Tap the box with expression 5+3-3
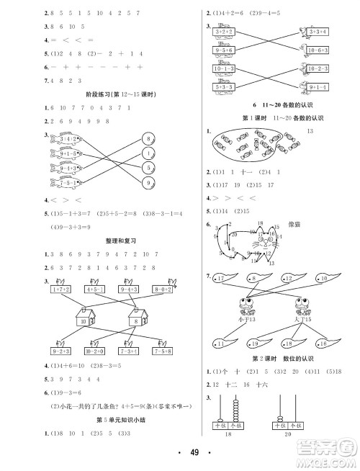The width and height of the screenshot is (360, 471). click(x=227, y=87)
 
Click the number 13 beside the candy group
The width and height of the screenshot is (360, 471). click(x=311, y=130)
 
